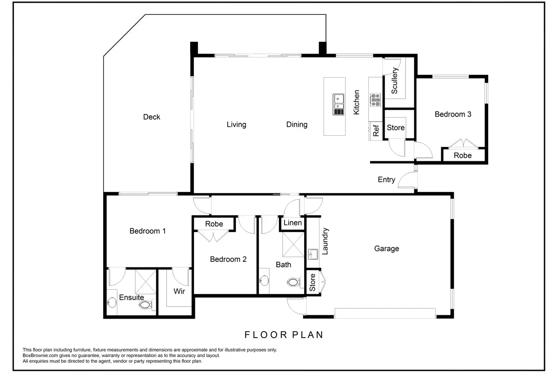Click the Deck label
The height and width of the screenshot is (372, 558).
click(x=152, y=117)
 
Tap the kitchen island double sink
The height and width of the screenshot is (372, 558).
click(x=339, y=105)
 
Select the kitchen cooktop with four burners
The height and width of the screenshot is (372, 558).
click(x=375, y=100)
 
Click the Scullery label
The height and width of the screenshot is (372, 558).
click(x=395, y=80)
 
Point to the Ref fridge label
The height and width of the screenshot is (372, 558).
click(x=376, y=131)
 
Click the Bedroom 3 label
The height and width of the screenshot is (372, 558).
click(x=453, y=114)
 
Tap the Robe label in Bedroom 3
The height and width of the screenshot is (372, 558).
click(x=463, y=155)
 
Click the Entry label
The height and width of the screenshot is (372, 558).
click(x=386, y=179)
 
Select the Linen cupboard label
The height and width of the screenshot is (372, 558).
click(x=292, y=222)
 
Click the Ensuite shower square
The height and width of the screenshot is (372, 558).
click(x=146, y=281)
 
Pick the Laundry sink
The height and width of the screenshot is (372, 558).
click(x=313, y=254)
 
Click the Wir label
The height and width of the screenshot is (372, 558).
click(x=179, y=291)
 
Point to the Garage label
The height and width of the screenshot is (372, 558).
click(x=386, y=248)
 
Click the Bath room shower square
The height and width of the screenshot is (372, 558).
click(x=293, y=245)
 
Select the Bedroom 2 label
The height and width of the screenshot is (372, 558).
click(x=228, y=259)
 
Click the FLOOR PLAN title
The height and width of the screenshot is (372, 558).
click(x=284, y=335)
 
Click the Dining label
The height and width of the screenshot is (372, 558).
click(x=297, y=125)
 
